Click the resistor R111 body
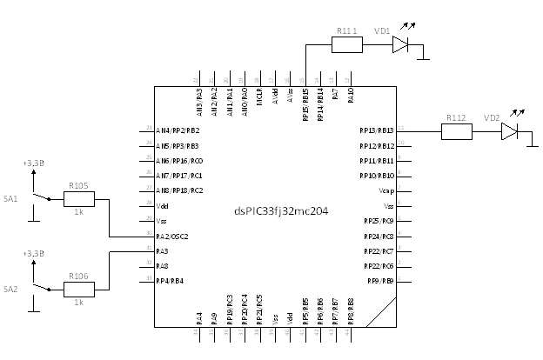pos(346,45)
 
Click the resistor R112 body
pos(457,131)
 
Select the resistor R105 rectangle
pos(79,198)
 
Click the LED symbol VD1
pos(400,45)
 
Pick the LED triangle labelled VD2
pos(509,131)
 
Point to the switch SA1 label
pos(10,199)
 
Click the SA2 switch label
pos(10,288)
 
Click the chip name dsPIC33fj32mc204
pos(281,210)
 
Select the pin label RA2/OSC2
pos(172,237)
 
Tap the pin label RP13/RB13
pos(377,130)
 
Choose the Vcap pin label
pos(386,190)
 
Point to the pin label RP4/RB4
pos(170,281)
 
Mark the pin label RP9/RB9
pos(379,281)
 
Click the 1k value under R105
pos(78,211)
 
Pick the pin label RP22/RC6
pos(378,266)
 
